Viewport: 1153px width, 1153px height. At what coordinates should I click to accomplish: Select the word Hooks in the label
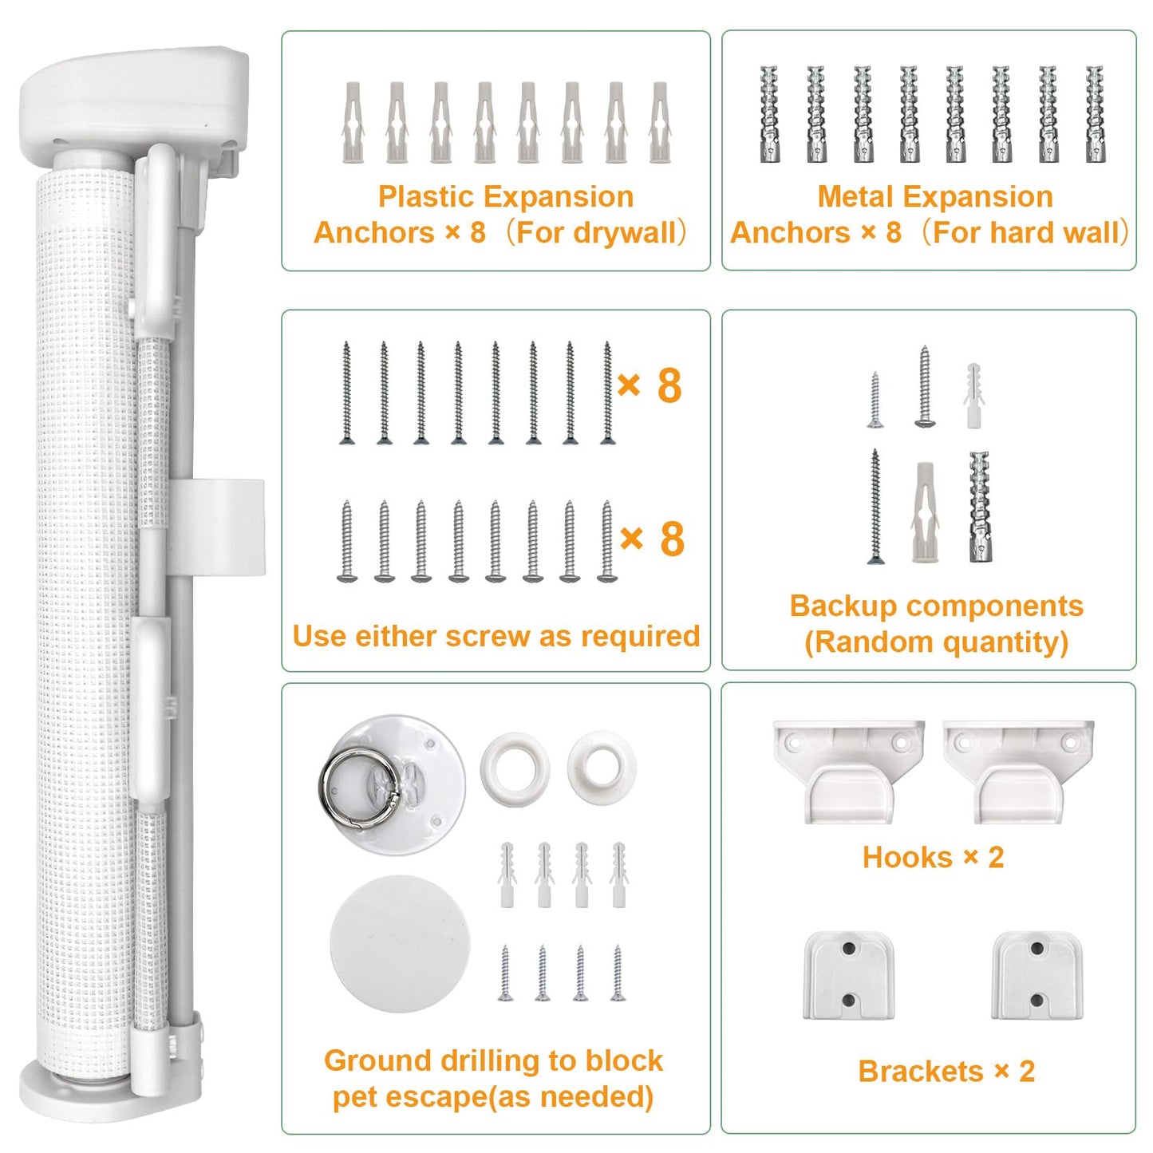point(907,858)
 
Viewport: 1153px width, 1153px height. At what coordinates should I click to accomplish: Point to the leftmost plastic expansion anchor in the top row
point(353,122)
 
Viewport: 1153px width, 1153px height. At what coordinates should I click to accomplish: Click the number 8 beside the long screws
point(669,386)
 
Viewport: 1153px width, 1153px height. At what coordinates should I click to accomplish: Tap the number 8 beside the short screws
point(672,539)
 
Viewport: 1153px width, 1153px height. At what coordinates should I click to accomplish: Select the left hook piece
point(848,772)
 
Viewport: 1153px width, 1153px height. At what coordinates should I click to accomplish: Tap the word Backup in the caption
point(841,606)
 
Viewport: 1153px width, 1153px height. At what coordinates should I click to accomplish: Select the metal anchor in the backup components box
point(980,507)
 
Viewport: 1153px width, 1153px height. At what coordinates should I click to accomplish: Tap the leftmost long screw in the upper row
point(346,393)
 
